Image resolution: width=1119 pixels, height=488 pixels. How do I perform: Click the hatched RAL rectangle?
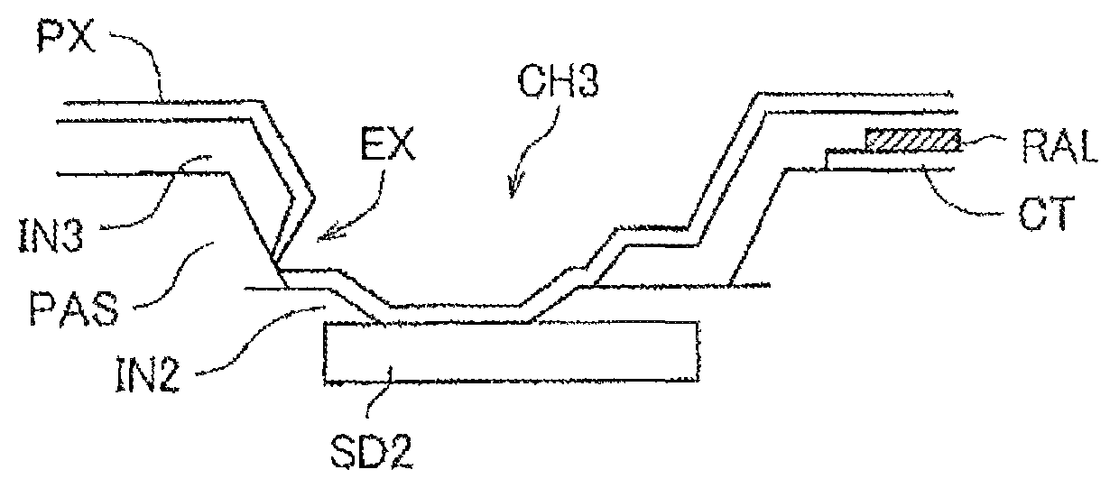pos(911,140)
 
